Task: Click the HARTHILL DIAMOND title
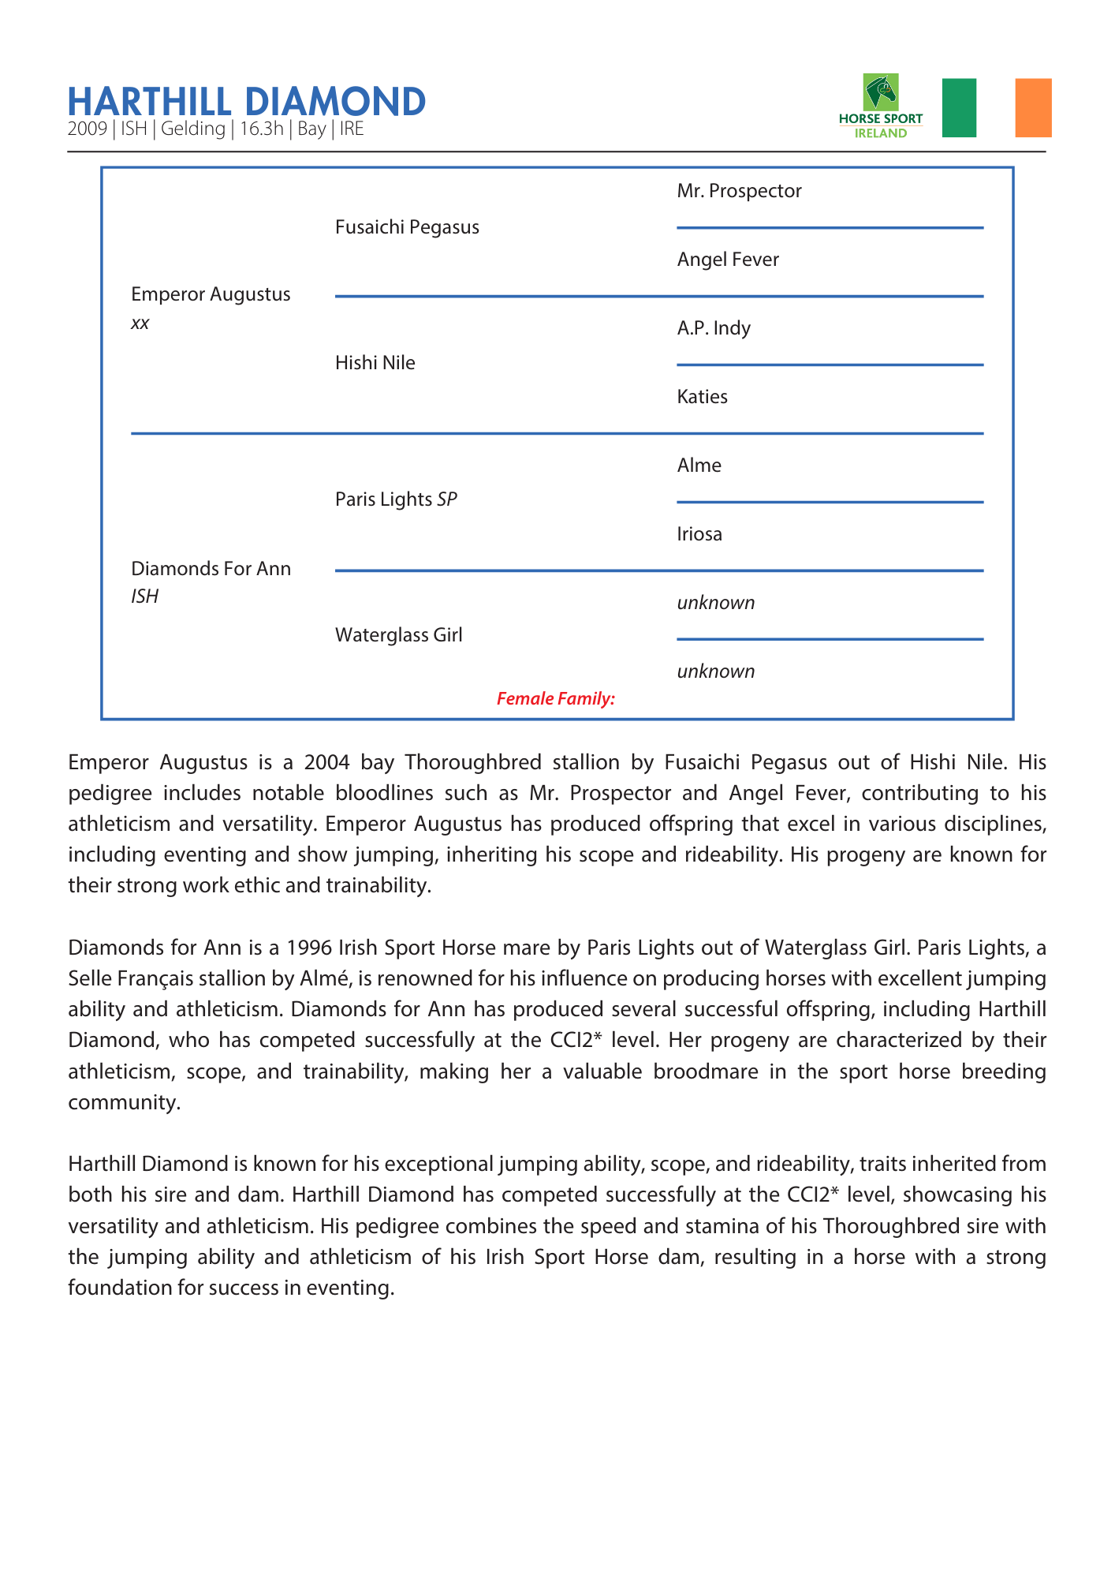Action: pyautogui.click(x=246, y=102)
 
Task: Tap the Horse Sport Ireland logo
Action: pyautogui.click(x=881, y=106)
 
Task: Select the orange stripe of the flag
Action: pyautogui.click(x=1033, y=107)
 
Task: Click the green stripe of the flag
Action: pyautogui.click(x=959, y=107)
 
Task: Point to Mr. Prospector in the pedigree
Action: pyautogui.click(x=739, y=191)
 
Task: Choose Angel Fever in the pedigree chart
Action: pyautogui.click(x=728, y=260)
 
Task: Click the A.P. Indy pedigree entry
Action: pyautogui.click(x=714, y=328)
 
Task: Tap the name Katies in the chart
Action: pyautogui.click(x=702, y=397)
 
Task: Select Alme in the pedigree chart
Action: pyautogui.click(x=699, y=466)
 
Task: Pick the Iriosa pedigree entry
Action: pyautogui.click(x=699, y=534)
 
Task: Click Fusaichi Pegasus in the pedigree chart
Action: pyautogui.click(x=407, y=227)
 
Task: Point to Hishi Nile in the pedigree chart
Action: pyautogui.click(x=375, y=363)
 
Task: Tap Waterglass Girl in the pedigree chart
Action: pyautogui.click(x=398, y=635)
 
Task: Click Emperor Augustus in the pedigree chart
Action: pyautogui.click(x=211, y=294)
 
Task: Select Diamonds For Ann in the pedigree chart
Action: pyautogui.click(x=211, y=569)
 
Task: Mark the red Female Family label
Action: pyautogui.click(x=555, y=698)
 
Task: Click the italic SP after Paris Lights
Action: pyautogui.click(x=447, y=499)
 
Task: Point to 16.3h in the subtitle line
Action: pyautogui.click(x=261, y=129)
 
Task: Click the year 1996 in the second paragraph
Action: pyautogui.click(x=308, y=947)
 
